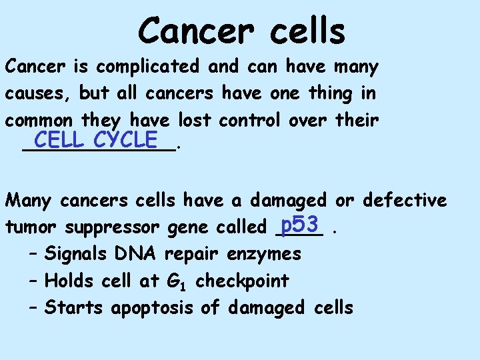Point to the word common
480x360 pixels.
click(x=39, y=121)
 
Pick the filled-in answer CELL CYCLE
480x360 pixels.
click(x=96, y=141)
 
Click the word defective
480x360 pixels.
click(x=404, y=200)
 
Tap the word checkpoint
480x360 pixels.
click(x=242, y=281)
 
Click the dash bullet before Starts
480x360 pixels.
click(x=33, y=307)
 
